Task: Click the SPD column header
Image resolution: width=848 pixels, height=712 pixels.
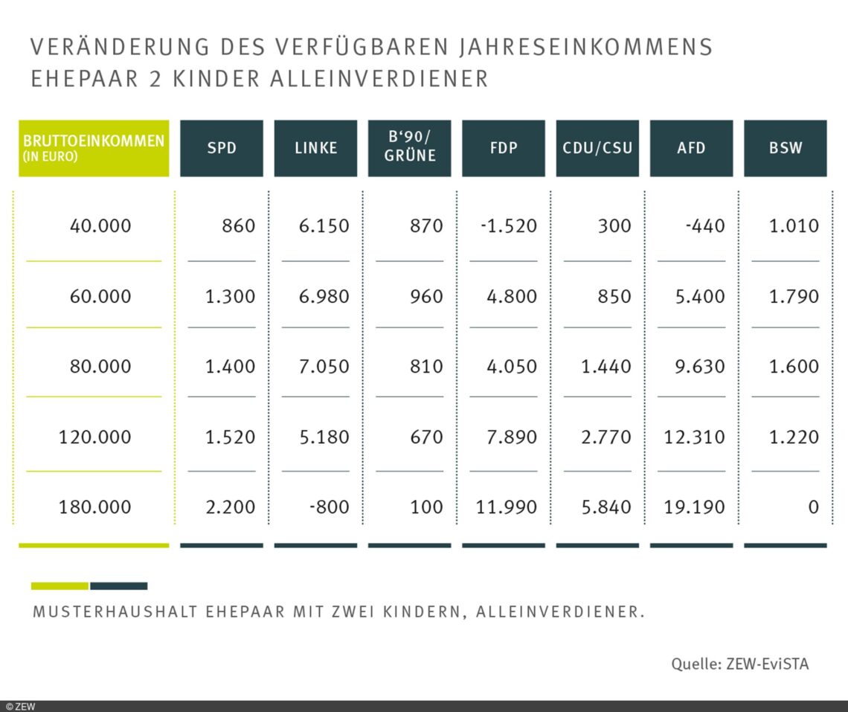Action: point(222,148)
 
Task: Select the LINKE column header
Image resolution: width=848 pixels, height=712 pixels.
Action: point(315,148)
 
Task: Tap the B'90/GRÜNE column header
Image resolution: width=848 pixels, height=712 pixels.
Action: point(409,148)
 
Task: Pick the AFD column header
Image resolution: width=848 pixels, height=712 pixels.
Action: point(691,148)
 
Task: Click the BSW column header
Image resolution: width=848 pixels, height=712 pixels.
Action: point(785,148)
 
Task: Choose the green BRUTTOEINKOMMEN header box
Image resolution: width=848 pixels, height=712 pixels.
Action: point(94,148)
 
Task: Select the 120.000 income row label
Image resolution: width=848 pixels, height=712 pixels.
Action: point(94,437)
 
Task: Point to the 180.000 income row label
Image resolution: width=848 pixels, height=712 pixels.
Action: point(94,507)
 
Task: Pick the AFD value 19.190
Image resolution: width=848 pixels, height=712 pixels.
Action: point(694,507)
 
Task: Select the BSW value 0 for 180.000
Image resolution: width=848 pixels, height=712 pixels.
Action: point(812,507)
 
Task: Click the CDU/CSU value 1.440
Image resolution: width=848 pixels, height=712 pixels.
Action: point(601,367)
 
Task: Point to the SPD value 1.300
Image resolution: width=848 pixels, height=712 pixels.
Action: point(230,297)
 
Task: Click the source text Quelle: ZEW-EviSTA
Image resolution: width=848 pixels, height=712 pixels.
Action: point(739,664)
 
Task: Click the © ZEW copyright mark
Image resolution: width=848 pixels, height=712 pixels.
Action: point(20,706)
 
